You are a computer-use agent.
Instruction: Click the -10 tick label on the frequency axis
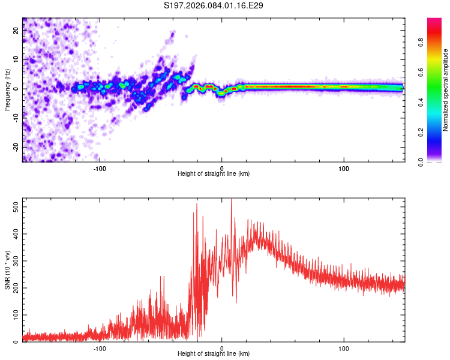click(16, 118)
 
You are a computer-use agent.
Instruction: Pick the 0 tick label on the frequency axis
click(16, 88)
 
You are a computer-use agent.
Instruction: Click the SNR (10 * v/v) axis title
click(7, 271)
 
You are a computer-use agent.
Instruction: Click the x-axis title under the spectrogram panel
click(214, 174)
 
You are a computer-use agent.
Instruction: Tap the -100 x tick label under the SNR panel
click(100, 348)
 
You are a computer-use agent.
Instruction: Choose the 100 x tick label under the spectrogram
click(344, 168)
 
